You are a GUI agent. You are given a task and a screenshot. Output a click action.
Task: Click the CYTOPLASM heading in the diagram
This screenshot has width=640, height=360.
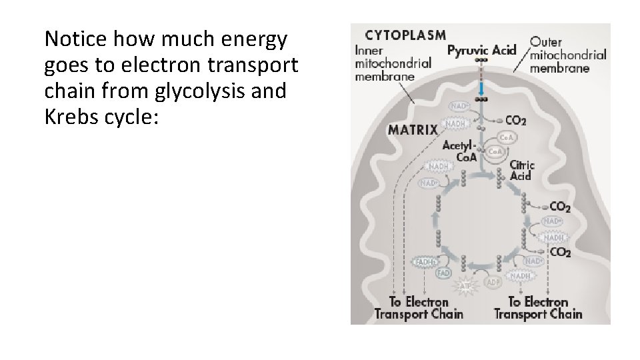(405, 35)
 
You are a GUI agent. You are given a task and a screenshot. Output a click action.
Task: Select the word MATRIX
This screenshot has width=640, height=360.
(413, 129)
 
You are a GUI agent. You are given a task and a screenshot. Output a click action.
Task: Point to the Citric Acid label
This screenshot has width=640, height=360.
(522, 171)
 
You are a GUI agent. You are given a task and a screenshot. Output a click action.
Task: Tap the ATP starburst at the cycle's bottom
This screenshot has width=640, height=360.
(466, 287)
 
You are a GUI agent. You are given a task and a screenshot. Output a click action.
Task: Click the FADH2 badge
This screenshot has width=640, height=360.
(426, 262)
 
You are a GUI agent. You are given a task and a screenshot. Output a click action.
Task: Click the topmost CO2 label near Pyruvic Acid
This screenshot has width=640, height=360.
(515, 121)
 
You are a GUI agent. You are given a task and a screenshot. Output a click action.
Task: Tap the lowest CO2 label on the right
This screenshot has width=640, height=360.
(559, 252)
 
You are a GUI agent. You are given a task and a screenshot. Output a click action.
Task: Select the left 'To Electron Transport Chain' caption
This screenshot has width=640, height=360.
(419, 308)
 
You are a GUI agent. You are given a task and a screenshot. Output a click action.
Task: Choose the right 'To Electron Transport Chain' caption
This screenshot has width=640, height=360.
(538, 308)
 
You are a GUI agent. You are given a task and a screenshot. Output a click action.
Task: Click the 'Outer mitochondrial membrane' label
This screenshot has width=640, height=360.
(567, 55)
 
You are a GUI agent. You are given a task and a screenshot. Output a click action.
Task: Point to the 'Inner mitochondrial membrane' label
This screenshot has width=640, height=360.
(393, 63)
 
